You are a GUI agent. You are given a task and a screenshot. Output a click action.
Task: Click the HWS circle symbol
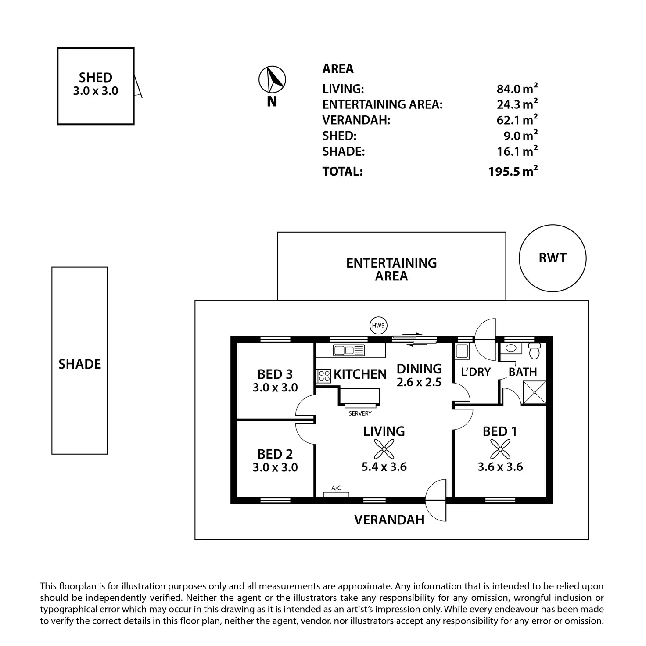(378, 325)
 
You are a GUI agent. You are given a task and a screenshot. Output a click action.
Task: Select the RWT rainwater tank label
(552, 258)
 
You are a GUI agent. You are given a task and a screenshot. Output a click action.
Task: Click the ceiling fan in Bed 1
(500, 449)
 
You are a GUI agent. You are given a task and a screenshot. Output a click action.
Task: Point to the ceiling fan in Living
(384, 449)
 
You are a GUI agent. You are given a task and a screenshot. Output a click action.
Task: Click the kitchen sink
(348, 350)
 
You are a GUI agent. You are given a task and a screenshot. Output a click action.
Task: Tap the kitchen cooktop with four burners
(324, 376)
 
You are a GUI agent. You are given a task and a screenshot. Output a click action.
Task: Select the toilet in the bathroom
(534, 350)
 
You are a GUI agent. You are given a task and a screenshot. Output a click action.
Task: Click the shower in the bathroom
(535, 392)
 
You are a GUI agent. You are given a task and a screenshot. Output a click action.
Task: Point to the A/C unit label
(336, 488)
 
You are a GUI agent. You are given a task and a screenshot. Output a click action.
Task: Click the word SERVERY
(360, 413)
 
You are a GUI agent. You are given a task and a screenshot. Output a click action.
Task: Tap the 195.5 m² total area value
(513, 171)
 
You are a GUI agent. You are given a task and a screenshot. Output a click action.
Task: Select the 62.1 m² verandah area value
(517, 120)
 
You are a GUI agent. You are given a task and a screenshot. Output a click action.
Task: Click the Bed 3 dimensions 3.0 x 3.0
(275, 387)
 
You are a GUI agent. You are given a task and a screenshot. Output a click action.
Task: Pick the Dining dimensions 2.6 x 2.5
(419, 382)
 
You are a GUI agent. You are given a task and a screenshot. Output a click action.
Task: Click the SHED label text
(96, 77)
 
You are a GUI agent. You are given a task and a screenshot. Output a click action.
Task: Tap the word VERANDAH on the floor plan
(389, 520)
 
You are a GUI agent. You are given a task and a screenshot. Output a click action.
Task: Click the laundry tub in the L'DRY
(462, 351)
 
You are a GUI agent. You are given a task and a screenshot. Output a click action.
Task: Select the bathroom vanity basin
(511, 348)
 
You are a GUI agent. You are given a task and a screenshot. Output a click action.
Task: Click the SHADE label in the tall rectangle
(79, 364)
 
